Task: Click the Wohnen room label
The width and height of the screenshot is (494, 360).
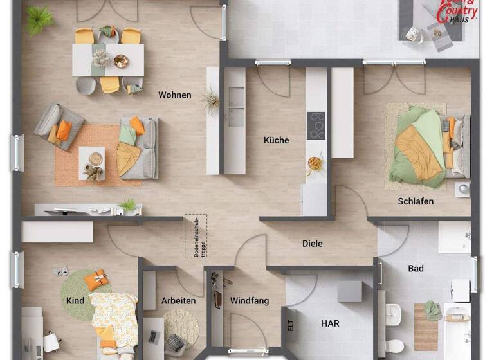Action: point(175,95)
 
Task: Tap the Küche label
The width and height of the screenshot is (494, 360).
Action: point(277,140)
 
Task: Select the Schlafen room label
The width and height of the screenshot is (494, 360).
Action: point(416,201)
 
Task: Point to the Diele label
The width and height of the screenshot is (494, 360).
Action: point(313,244)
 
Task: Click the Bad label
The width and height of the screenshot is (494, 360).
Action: point(416,268)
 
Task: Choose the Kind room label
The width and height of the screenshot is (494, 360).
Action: point(75,300)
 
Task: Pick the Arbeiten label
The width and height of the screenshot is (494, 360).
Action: point(179,300)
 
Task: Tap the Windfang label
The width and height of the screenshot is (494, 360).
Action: point(250,300)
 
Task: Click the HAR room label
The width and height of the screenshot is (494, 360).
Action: point(331,323)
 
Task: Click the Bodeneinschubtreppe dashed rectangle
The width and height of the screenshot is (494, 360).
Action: point(196,236)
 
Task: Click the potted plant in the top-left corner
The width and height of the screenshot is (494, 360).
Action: point(40,19)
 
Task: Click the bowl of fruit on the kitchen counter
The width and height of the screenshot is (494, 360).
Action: point(315,163)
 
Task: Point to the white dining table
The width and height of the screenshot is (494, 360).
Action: point(108,60)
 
